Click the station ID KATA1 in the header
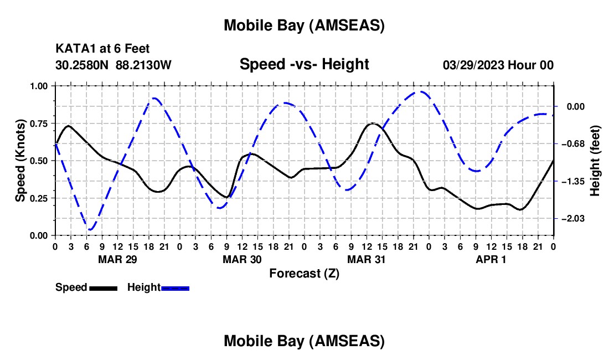73,49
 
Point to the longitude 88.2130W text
144,65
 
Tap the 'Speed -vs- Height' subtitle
304,64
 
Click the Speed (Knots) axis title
20,160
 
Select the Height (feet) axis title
595,160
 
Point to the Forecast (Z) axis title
304,273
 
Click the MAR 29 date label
117,259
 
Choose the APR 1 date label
491,259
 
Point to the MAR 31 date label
367,259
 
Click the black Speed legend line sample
103,288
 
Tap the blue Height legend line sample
176,288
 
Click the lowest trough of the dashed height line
90,229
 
